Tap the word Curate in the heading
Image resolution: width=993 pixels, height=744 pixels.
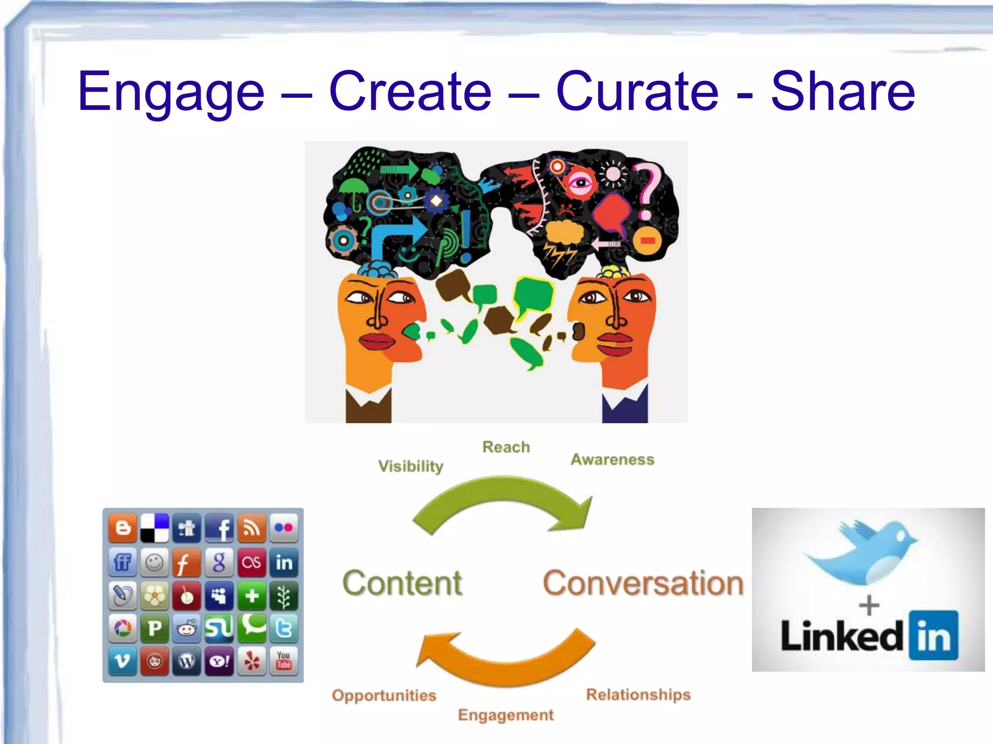point(637,91)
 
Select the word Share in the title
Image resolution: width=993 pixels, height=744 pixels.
point(843,91)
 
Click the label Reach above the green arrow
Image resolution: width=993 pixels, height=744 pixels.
point(506,447)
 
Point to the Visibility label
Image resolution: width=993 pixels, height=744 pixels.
point(411,466)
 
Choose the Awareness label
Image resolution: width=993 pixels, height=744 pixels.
point(612,459)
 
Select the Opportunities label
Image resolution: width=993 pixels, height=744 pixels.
point(384,696)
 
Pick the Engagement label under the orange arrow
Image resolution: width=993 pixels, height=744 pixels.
point(506,715)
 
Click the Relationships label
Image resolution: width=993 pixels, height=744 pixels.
point(638,695)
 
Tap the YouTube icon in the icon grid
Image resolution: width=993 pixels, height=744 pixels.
point(284,660)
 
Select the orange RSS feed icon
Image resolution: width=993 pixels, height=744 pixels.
point(252,527)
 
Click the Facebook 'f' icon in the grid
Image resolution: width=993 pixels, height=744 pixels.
point(220,527)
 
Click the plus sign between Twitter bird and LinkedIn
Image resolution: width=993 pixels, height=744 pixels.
point(869,605)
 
